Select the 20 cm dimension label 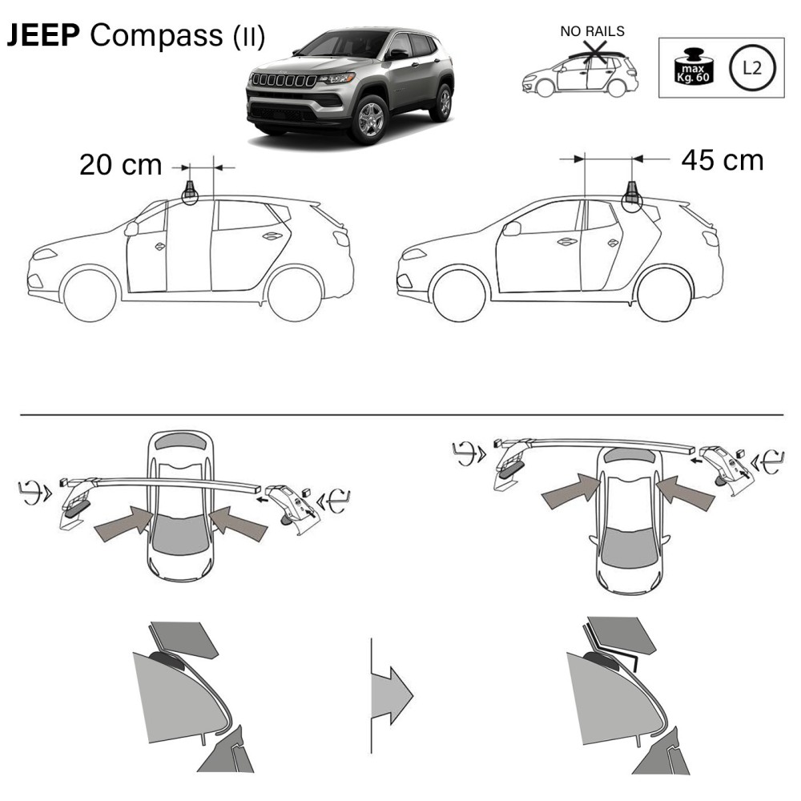coord(120,166)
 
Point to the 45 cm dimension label coord(722,159)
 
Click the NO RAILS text coord(593,32)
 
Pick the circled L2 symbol coord(751,67)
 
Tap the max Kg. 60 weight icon coord(690,68)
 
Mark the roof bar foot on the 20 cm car coord(191,193)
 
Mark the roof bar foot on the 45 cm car coord(631,195)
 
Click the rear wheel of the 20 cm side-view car coord(295,293)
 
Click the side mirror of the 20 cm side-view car coord(131,229)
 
